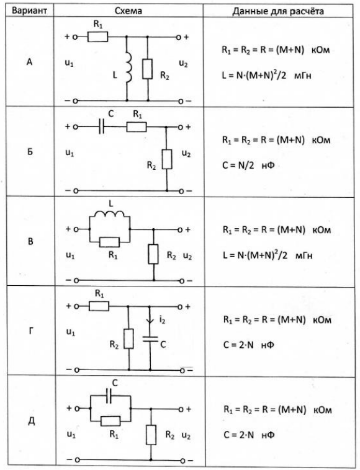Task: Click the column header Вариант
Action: point(29,11)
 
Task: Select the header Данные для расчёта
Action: point(278,11)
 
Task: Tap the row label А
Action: point(29,62)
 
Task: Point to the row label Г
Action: point(30,331)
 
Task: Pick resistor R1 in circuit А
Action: point(98,37)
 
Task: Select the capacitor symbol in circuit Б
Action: point(102,127)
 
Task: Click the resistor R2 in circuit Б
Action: point(167,159)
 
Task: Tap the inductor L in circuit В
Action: point(109,214)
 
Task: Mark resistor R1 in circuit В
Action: point(109,242)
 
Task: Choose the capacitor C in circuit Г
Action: point(150,339)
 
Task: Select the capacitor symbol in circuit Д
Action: point(109,396)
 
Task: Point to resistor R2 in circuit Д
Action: point(151,435)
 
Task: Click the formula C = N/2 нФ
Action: point(248,165)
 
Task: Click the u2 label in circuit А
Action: point(183,63)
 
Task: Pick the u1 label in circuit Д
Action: point(71,435)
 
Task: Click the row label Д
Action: point(31,421)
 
